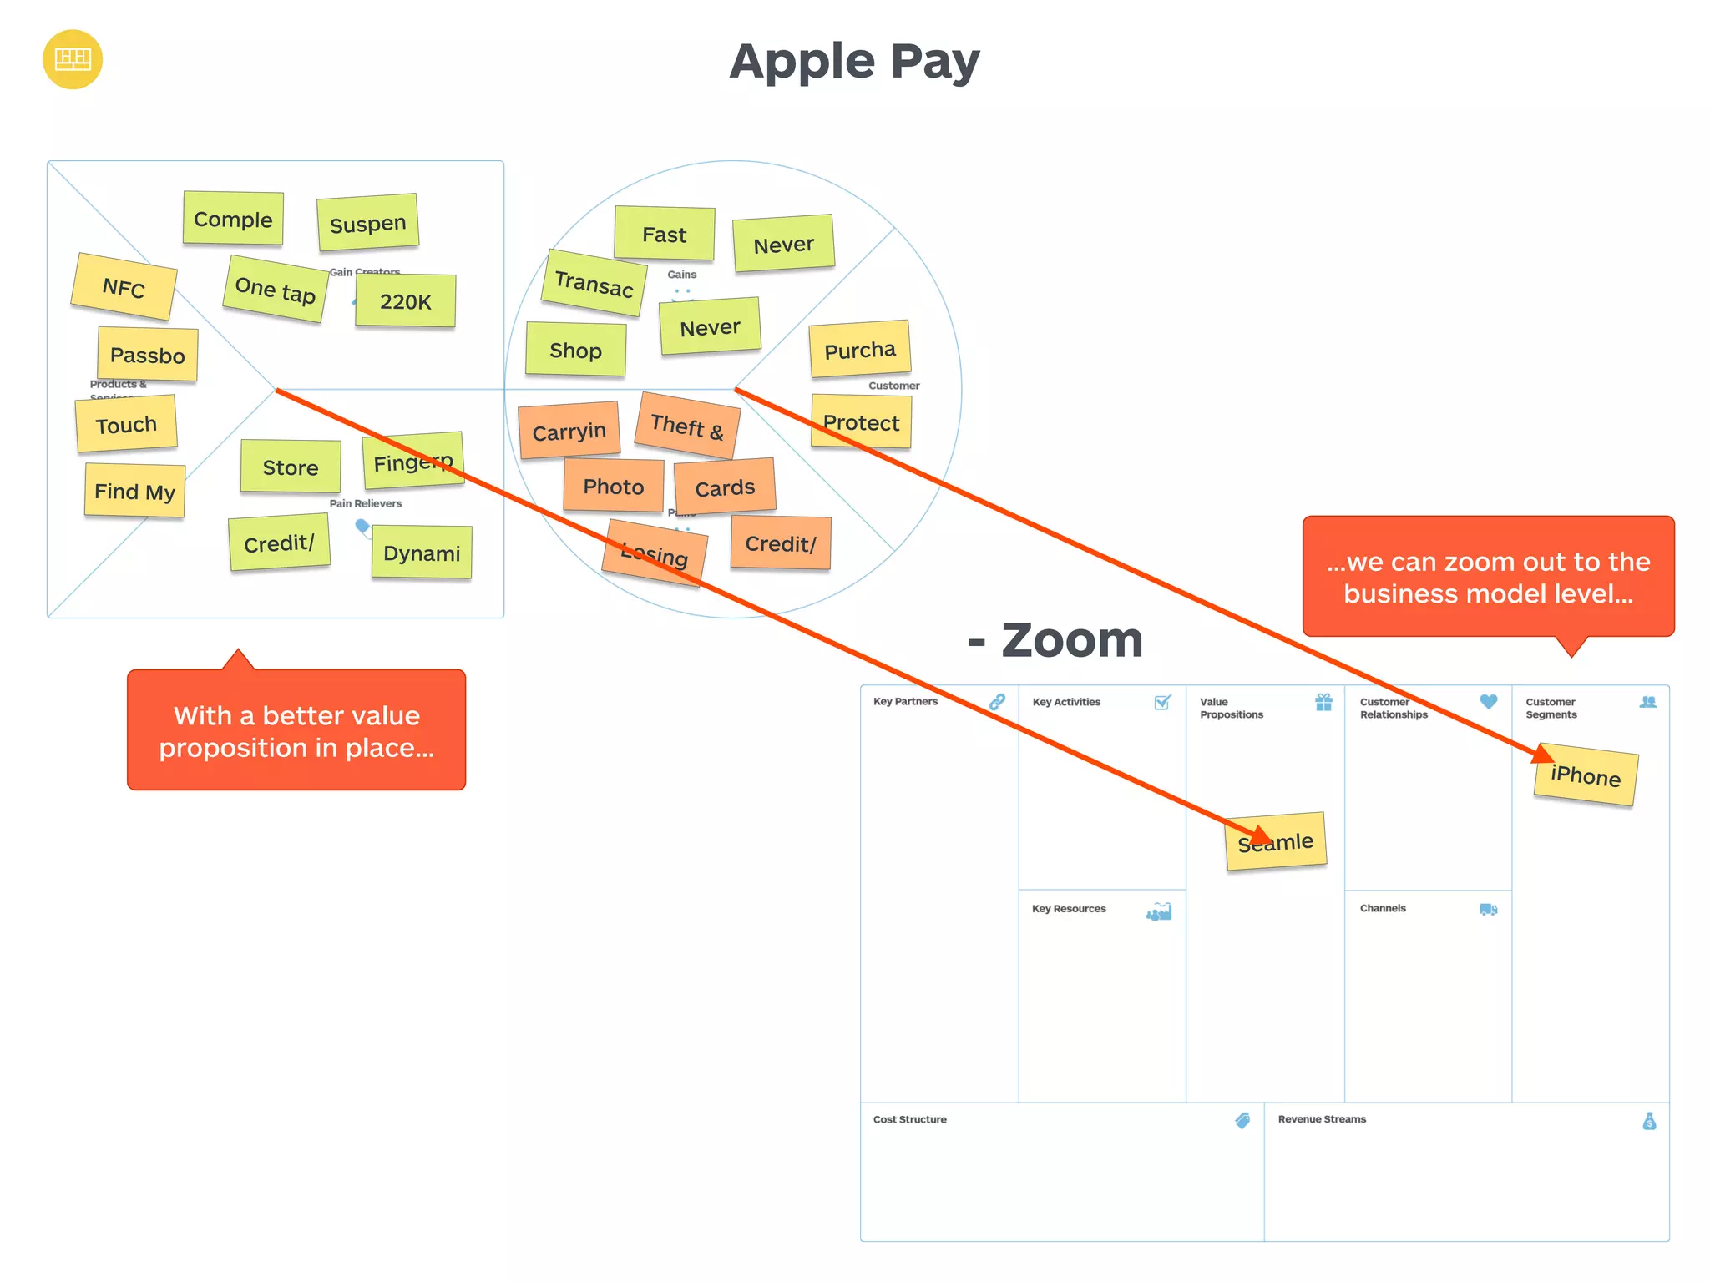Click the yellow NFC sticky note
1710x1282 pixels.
point(124,287)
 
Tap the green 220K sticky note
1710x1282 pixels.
point(406,301)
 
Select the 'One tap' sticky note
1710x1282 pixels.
point(275,290)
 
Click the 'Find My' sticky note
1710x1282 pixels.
point(134,491)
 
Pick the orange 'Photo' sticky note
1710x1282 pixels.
point(613,486)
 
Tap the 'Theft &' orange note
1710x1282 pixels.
point(687,426)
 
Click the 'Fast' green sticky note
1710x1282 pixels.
point(665,235)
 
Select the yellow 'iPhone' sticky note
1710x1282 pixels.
point(1586,775)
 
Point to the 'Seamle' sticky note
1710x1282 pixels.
point(1276,842)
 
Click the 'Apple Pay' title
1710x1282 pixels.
point(854,62)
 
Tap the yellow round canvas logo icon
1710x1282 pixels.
point(73,59)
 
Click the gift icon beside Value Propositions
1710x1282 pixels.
point(1324,702)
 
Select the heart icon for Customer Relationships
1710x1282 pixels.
point(1489,702)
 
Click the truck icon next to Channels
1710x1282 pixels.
point(1489,909)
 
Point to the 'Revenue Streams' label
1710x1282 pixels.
point(1322,1119)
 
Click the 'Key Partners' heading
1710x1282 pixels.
point(905,702)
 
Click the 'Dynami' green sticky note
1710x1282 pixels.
point(422,553)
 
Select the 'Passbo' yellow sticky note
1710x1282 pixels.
point(148,355)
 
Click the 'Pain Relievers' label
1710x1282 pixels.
point(366,503)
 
